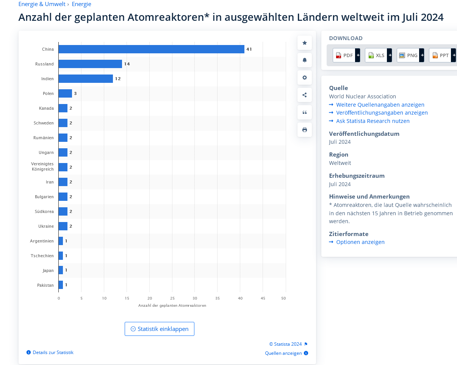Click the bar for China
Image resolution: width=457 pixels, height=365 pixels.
coord(151,49)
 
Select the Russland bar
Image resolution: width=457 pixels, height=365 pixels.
coord(90,64)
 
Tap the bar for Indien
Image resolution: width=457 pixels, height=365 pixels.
coord(86,79)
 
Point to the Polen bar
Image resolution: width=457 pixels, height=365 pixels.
coord(65,93)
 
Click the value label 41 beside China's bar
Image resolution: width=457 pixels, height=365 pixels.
coord(249,49)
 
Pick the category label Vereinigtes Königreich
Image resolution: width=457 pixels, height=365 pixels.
coord(42,166)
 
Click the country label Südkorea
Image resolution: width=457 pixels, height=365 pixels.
coord(44,211)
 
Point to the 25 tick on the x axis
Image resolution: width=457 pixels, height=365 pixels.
coord(172,298)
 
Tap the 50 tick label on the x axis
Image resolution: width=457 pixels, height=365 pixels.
coord(283,298)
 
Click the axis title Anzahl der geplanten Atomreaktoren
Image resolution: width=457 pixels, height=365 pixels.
coord(172,306)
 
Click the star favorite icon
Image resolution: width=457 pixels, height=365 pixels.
coord(305,43)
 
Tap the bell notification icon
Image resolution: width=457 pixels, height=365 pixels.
coord(305,60)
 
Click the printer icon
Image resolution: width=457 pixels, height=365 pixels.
coord(305,130)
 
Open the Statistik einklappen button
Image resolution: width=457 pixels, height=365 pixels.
coord(160,329)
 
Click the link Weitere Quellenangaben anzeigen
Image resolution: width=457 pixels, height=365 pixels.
coord(380,105)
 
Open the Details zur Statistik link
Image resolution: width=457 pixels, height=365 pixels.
coord(53,353)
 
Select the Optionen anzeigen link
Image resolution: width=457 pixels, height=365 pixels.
coord(360,242)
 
